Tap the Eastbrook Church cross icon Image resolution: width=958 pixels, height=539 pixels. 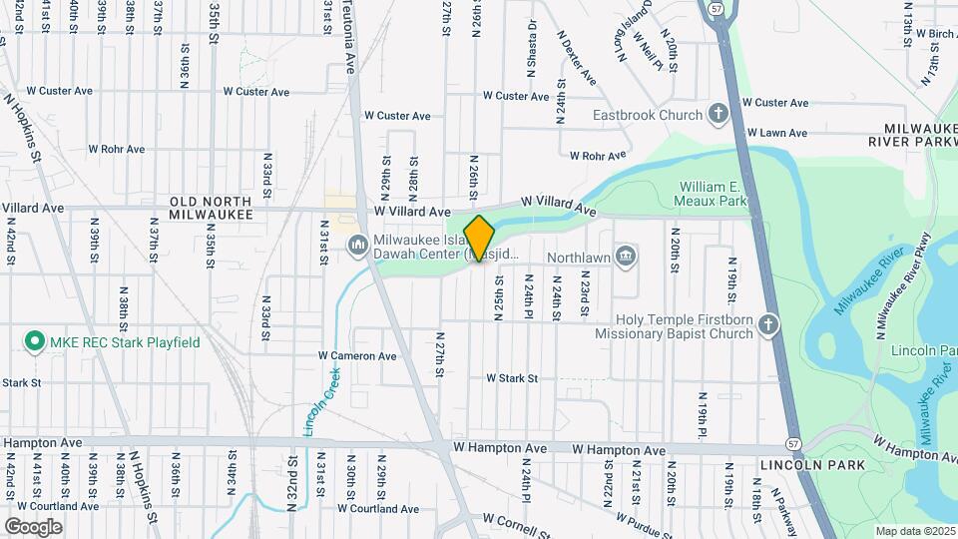(718, 115)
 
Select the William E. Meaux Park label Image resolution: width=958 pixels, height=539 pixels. (714, 194)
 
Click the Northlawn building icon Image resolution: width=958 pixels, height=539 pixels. (626, 256)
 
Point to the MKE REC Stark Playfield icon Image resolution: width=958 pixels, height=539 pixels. (35, 342)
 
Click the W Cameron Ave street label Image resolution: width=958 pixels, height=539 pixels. (357, 355)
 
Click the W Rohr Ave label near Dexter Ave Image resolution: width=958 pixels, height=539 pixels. (597, 156)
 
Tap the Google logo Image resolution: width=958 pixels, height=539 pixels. (33, 526)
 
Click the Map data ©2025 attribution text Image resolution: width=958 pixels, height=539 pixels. (915, 531)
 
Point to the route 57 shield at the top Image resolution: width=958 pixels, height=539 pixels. (718, 7)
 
